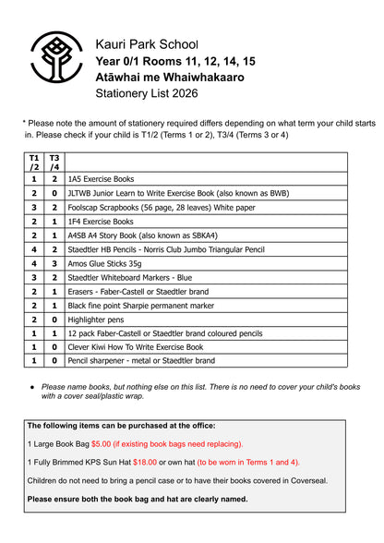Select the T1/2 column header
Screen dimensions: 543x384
[x=34, y=163]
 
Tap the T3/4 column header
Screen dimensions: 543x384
[x=54, y=163]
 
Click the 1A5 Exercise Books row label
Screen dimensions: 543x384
[x=101, y=178]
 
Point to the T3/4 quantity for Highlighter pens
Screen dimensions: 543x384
[x=54, y=319]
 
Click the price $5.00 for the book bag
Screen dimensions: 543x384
[x=109, y=443]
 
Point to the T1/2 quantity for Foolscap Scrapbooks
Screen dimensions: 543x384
[x=34, y=208]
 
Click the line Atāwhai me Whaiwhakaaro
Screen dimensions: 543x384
[x=170, y=78]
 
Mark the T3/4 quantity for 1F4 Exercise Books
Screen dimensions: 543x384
[x=54, y=222]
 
